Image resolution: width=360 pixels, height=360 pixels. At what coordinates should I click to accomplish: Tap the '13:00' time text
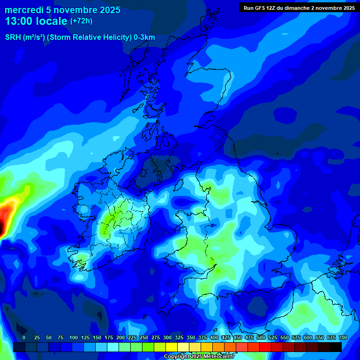click(19, 21)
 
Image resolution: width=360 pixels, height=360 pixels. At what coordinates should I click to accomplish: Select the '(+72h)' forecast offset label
click(81, 21)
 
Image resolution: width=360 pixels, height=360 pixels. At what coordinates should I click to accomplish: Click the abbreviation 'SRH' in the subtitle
click(13, 37)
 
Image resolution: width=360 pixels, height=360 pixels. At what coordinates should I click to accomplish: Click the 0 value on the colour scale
click(24, 337)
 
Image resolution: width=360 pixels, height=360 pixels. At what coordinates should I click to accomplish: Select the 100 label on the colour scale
click(74, 337)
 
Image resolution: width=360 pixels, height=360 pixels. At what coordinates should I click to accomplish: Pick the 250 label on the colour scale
click(144, 337)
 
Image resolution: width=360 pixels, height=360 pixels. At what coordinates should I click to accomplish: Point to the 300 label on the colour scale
click(167, 337)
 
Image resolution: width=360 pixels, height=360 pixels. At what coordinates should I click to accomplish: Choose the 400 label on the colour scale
click(214, 337)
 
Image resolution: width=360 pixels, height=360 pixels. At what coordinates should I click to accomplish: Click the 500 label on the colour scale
click(261, 337)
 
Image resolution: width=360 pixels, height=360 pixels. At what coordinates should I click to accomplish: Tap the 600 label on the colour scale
click(308, 337)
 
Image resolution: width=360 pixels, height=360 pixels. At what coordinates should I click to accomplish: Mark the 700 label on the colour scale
click(343, 337)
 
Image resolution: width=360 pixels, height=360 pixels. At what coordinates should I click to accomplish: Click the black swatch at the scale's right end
click(336, 347)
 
